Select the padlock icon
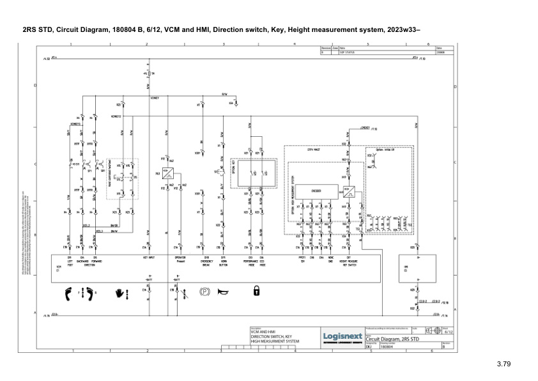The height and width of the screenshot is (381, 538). point(256,292)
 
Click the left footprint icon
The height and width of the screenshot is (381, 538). point(68,294)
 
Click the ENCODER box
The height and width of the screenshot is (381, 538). point(315,190)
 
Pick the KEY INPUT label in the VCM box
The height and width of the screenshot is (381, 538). point(148,259)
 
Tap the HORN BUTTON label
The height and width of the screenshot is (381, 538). point(223,263)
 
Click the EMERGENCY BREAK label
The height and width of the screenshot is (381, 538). point(206,263)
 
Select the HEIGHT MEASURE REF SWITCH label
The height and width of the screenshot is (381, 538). point(348,263)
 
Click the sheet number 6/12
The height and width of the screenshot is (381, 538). point(448,332)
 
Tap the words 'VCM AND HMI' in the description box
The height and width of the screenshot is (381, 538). point(262,332)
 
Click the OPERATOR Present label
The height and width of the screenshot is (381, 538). point(180,261)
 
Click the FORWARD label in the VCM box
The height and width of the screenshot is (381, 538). point(95,261)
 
